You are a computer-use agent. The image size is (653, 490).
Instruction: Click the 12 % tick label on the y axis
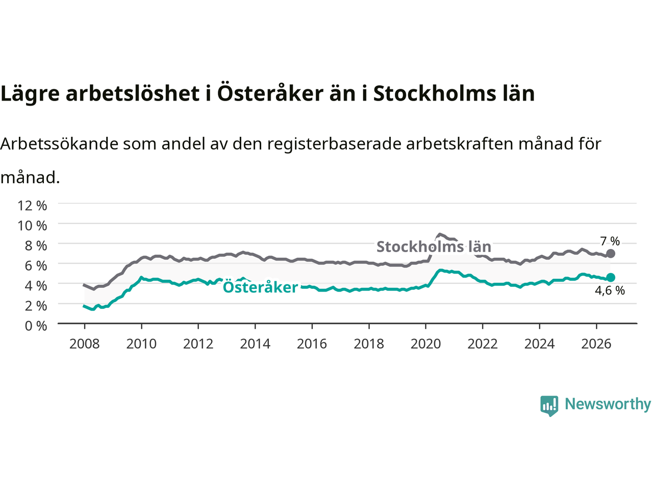coord(33,206)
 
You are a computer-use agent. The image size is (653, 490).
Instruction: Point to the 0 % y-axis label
coord(36,326)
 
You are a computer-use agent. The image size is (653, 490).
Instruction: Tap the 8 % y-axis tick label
coord(36,246)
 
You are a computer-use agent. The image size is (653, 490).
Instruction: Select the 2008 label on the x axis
coord(85,344)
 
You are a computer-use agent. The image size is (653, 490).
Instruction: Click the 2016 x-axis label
coord(312,344)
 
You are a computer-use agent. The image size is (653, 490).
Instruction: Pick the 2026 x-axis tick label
coord(596,344)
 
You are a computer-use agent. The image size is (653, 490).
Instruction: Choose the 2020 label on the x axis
coord(425,344)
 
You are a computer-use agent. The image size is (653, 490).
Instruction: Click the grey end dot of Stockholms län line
coord(611,254)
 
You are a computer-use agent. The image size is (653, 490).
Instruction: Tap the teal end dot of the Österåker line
coord(611,277)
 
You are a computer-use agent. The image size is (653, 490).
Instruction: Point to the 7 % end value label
coord(610,241)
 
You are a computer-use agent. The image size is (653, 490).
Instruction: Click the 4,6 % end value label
coord(610,290)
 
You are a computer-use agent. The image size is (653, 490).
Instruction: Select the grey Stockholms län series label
coord(434,247)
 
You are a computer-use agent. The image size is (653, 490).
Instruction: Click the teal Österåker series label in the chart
coord(260,287)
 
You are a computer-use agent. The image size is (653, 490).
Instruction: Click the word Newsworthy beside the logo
coord(608,404)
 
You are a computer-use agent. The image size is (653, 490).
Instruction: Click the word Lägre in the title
coord(30,94)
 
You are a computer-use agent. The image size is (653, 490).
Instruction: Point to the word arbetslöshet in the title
coord(132,93)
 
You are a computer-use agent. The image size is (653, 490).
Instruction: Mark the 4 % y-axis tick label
coord(36,286)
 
